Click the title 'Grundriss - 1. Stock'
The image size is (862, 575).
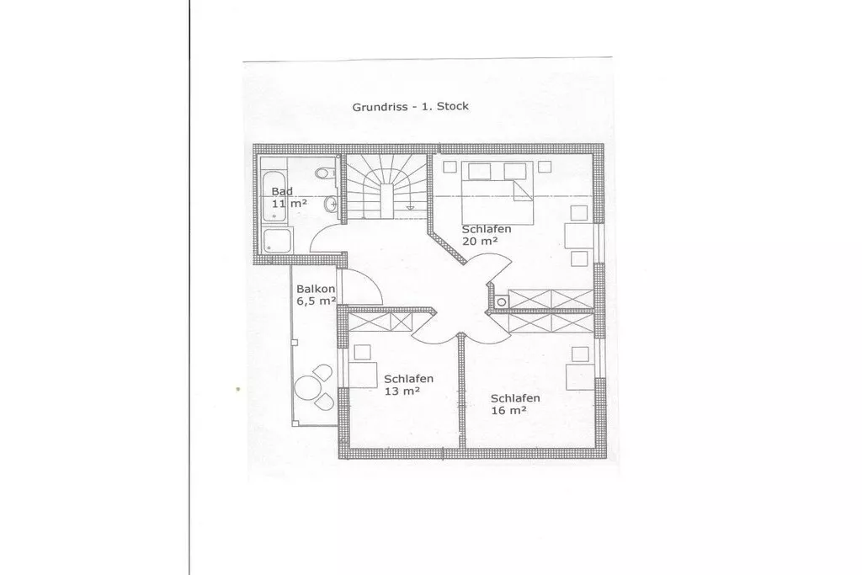[x=410, y=106]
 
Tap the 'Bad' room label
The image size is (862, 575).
[x=282, y=191]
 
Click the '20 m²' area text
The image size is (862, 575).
[x=480, y=241]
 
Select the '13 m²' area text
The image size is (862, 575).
[x=402, y=391]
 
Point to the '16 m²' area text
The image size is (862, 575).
[x=508, y=410]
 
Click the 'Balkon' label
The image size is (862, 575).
[x=316, y=289]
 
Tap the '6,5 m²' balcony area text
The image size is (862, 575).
[x=317, y=301]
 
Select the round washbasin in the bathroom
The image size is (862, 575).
[x=330, y=205]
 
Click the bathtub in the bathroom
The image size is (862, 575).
[x=274, y=197]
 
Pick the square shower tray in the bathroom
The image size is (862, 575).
[x=277, y=242]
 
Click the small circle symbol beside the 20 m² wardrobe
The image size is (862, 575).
[x=501, y=301]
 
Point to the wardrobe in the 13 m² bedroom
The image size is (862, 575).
[x=380, y=322]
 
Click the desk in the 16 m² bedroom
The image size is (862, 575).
[x=580, y=376]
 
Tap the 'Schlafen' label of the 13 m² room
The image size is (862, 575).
[x=408, y=379]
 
